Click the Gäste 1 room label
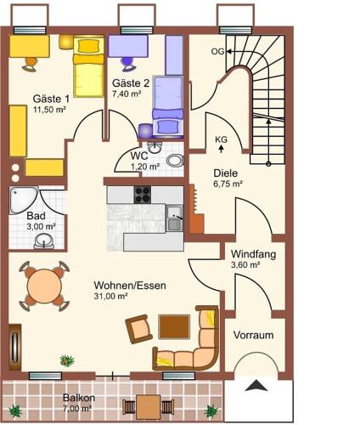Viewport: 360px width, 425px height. coord(51,99)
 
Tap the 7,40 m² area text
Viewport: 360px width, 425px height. coord(127,93)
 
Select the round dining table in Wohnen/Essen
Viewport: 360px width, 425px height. coord(44,286)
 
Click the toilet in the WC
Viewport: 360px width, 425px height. coord(175,161)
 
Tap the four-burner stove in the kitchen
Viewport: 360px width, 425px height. coord(143,195)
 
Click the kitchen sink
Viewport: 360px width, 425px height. coord(174,218)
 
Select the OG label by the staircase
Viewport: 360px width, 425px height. coord(217,51)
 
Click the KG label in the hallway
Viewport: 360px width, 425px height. coord(221,139)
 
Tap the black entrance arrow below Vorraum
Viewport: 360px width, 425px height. coord(256,386)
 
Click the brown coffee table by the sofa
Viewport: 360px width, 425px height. coord(174,326)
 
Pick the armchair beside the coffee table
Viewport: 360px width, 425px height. coord(139,329)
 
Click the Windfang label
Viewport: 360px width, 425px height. coord(253,254)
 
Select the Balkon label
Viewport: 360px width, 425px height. coord(79,398)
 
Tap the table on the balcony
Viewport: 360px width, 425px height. coord(149,407)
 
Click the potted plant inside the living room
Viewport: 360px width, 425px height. coord(67,360)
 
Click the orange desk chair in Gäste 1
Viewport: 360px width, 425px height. coord(30,65)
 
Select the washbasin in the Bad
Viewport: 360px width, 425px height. coord(44,241)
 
